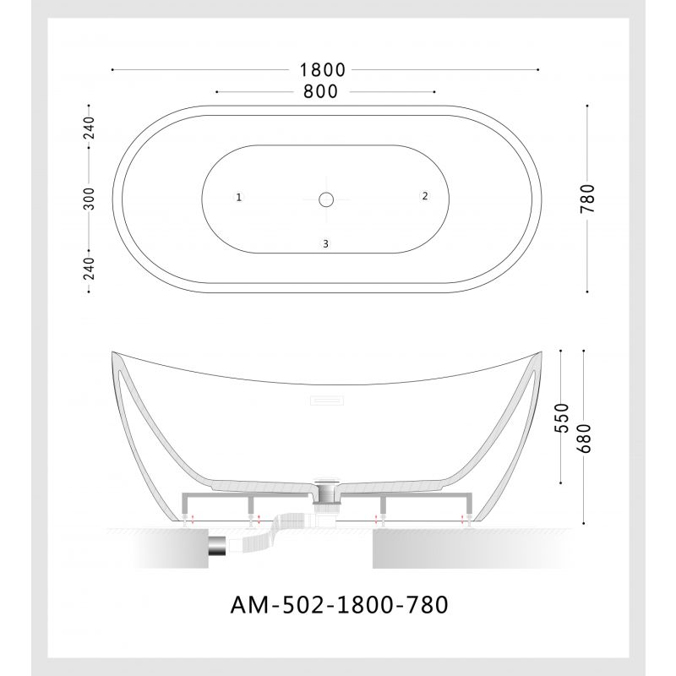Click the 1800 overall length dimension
(x=325, y=70)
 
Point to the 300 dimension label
(x=90, y=199)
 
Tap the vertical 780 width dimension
(x=589, y=199)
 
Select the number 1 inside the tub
(x=240, y=198)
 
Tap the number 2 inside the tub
(x=425, y=196)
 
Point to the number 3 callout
(x=325, y=244)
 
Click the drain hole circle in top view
(x=326, y=199)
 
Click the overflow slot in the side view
(x=326, y=398)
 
